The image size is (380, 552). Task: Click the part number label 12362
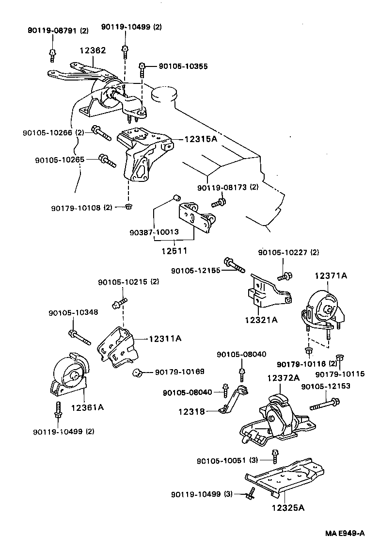(93, 50)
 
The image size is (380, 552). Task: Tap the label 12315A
(200, 139)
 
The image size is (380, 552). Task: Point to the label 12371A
(331, 276)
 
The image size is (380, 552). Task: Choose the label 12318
(192, 411)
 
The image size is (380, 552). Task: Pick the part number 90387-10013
(154, 232)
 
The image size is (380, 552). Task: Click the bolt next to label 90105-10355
(142, 69)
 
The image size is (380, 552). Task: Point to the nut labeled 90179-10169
(137, 373)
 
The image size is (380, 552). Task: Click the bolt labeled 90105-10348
(80, 337)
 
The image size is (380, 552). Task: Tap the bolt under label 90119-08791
(52, 55)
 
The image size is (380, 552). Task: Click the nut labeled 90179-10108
(128, 207)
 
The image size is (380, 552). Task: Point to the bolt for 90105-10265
(107, 160)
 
